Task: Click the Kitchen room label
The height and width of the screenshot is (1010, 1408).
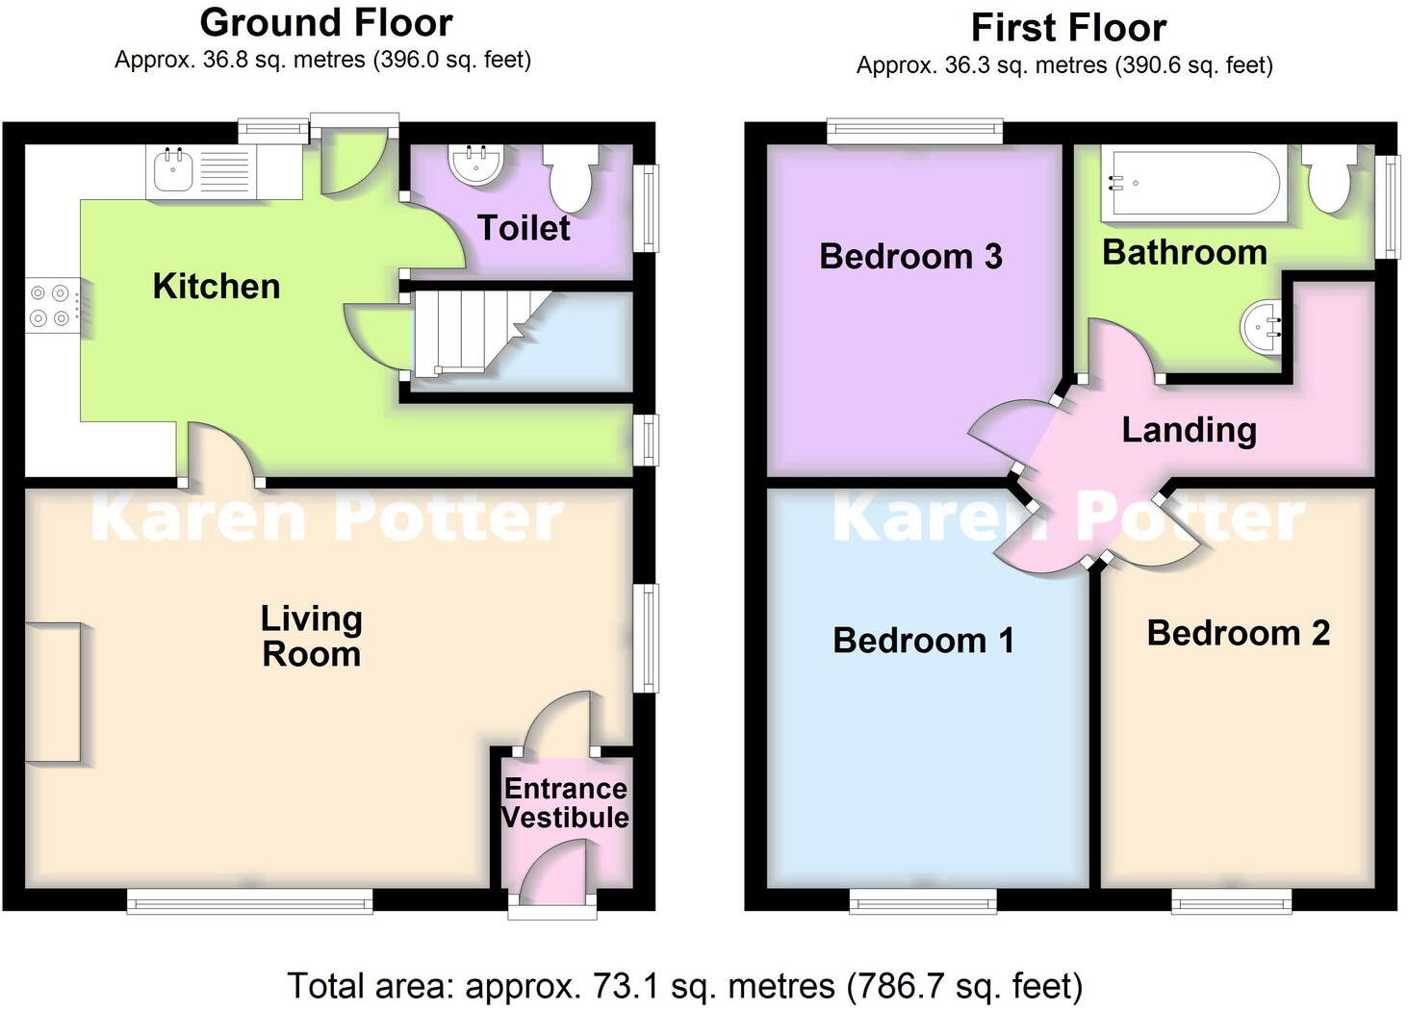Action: click(216, 287)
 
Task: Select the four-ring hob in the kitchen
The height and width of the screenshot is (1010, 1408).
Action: click(50, 305)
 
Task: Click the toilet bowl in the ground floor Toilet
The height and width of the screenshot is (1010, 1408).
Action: click(572, 179)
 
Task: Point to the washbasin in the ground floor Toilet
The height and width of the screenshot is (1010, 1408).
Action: click(475, 164)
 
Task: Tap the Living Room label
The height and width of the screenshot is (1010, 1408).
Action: click(311, 636)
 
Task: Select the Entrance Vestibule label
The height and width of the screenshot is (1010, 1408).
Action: click(565, 803)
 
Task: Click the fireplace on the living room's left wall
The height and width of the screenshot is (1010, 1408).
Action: click(53, 693)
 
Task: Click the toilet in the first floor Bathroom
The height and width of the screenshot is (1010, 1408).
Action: click(1332, 180)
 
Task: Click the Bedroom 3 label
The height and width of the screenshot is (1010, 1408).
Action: click(910, 257)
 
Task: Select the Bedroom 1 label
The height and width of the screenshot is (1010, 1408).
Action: click(923, 641)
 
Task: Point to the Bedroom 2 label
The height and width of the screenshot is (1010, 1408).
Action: click(1238, 633)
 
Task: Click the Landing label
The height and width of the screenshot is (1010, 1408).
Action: click(1189, 430)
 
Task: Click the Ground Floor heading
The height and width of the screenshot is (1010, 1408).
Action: click(326, 22)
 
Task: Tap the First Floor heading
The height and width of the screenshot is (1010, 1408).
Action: click(1068, 28)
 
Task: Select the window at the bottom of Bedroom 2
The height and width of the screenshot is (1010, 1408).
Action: click(1231, 899)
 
